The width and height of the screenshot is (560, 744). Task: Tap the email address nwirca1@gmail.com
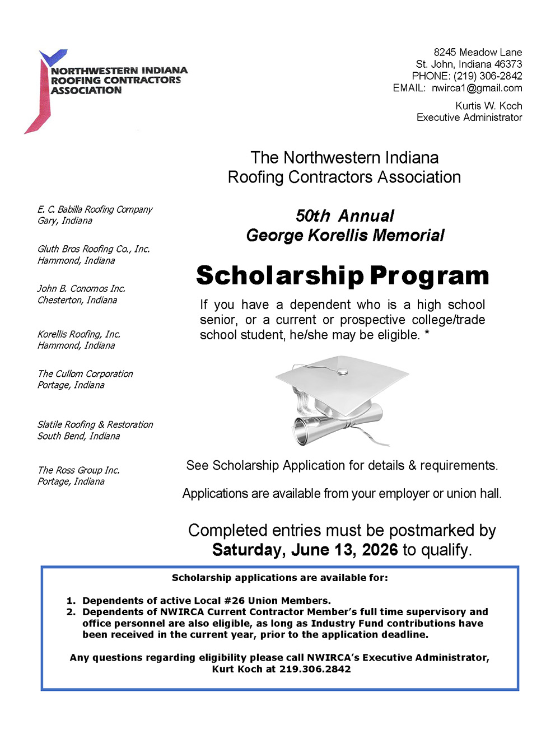tap(477, 88)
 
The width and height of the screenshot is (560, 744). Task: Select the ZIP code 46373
tap(508, 64)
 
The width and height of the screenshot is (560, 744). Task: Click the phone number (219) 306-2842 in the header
tap(488, 76)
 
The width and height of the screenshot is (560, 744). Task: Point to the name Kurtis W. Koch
tap(488, 106)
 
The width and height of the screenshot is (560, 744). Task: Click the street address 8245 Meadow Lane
tap(478, 53)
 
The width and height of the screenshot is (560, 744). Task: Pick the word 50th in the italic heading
tap(313, 216)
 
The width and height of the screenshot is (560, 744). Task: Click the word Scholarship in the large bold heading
tap(280, 275)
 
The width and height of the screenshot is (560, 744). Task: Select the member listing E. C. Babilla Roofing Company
tap(95, 209)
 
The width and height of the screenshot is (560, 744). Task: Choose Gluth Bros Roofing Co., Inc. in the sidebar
tap(94, 249)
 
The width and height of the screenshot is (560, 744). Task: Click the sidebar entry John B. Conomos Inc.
tap(81, 289)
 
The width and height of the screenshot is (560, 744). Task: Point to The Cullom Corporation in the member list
tap(85, 374)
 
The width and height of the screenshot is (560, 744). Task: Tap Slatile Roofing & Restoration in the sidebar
tap(95, 425)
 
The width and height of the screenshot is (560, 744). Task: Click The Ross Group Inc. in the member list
tap(78, 470)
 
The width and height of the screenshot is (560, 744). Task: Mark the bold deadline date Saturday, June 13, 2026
tap(305, 550)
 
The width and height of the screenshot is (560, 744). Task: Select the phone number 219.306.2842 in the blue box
tap(315, 669)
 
